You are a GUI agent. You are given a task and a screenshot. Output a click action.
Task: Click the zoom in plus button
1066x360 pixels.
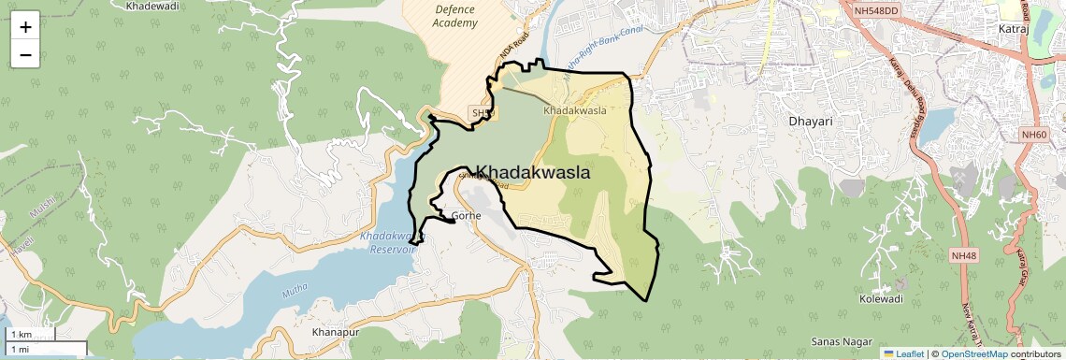tap(25, 27)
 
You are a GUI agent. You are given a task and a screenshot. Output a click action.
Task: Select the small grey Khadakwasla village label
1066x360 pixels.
tap(575, 109)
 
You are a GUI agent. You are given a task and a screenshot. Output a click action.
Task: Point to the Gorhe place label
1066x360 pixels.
tap(466, 216)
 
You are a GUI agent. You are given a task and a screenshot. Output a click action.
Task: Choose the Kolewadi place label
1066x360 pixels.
tap(881, 299)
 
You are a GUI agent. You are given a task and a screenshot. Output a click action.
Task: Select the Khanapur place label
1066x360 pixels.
tap(336, 332)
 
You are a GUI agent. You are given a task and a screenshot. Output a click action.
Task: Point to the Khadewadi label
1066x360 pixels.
tap(152, 6)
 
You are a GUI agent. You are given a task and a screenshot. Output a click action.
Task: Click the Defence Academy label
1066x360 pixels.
tap(455, 16)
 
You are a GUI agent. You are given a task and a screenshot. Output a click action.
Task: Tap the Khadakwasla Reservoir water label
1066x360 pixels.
tap(389, 243)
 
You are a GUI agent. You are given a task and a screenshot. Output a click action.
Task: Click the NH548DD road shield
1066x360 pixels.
tap(876, 10)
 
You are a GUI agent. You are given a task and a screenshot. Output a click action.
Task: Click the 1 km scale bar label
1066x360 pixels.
tap(21, 335)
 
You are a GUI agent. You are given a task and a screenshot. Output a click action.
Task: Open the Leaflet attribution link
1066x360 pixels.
tap(903, 353)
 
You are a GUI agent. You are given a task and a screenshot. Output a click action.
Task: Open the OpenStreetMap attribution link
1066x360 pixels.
tap(973, 353)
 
